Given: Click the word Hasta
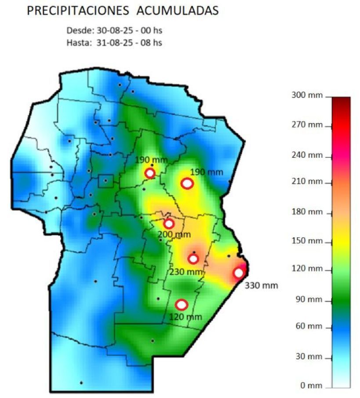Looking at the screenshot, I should (80, 43).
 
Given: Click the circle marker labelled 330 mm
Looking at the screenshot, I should (239, 273).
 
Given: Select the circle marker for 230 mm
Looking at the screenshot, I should (193, 259).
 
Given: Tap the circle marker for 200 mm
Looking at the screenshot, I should (169, 224).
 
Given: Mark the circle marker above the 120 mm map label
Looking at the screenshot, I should (181, 304).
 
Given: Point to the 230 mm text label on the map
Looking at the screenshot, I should (187, 272).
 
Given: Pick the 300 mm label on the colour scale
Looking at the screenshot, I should (307, 95).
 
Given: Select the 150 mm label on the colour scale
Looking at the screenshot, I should (307, 241).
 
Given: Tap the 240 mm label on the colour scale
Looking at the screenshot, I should (307, 155).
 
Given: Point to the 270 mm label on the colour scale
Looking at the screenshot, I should (307, 125).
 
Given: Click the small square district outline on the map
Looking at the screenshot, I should (105, 181).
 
